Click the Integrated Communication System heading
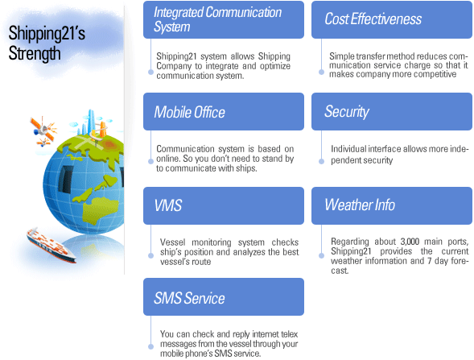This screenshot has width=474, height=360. pos(217,19)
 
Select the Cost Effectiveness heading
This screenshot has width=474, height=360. pos(373,19)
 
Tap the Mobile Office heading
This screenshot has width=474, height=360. pos(190,112)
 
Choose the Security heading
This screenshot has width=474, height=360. pos(347,112)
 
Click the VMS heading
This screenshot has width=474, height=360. pos(167,205)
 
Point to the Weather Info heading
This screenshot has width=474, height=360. pos(360,205)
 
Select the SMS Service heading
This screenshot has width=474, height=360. pos(189,298)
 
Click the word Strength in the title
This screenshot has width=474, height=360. pos(35,53)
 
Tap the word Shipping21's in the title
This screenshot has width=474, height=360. pos(47,33)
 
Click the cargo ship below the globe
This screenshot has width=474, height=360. pos(51,246)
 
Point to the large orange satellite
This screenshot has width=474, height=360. pos(43,128)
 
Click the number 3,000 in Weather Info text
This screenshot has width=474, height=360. pos(410,242)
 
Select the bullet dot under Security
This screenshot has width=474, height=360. pos(321,162)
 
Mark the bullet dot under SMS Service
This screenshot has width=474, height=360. pos(150,346)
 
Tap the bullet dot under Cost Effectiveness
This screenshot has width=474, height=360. pos(321,72)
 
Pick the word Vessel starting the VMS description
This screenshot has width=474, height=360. pos(172,242)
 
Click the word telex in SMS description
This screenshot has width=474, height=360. pos(289,334)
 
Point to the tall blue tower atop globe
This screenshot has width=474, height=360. pos(91,122)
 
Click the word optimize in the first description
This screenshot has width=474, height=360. pos(275,66)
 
